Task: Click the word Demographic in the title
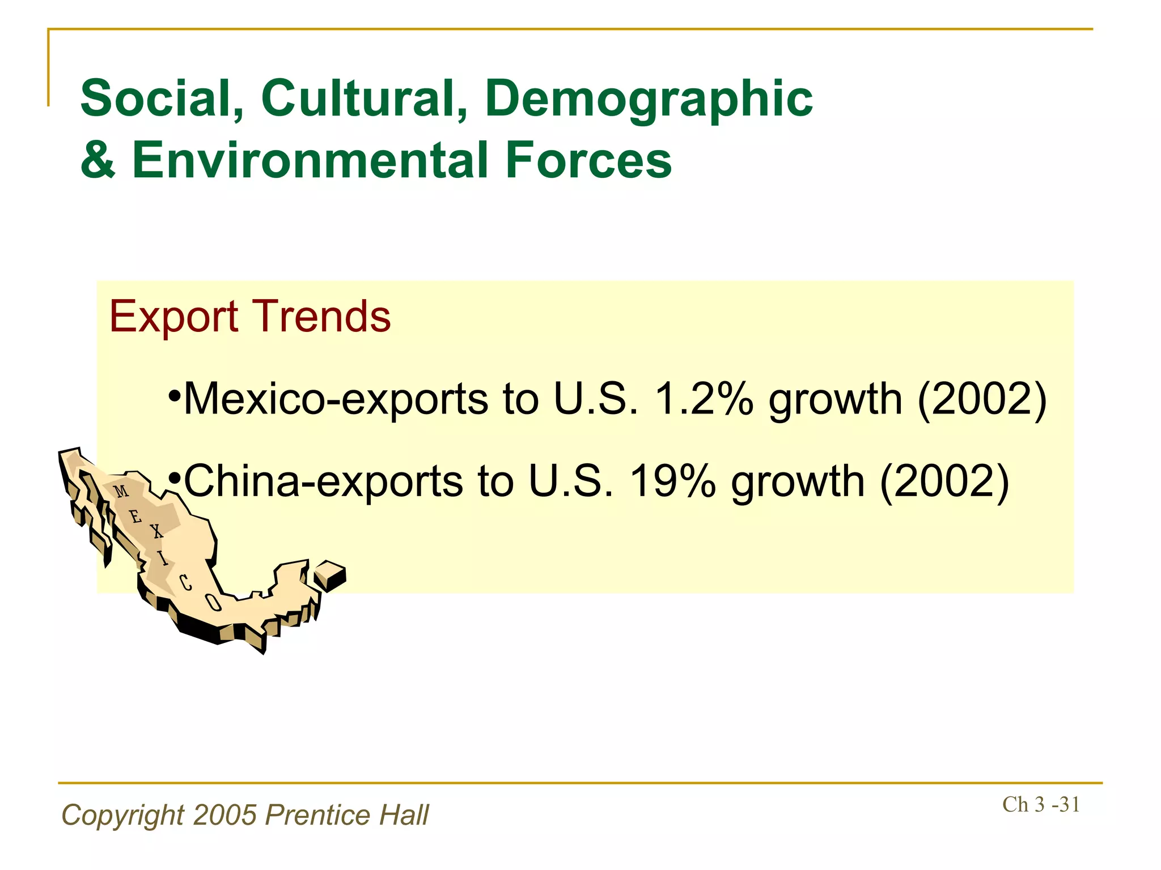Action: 649,100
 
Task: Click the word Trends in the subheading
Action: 321,316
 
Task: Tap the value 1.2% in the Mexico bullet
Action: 704,399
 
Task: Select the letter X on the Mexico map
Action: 156,531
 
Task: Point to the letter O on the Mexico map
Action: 212,603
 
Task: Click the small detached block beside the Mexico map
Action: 329,575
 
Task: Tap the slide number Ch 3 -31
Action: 1041,804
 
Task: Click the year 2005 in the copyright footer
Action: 224,815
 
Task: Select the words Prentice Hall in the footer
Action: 347,815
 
